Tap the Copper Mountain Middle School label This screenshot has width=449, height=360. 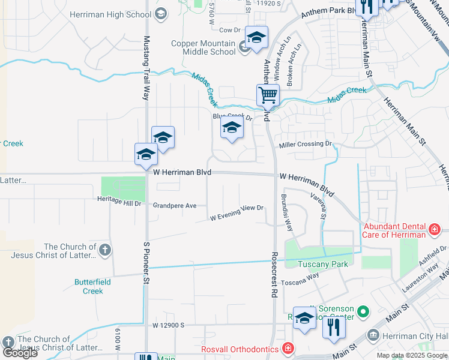click(x=203, y=47)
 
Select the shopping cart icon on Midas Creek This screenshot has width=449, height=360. click(x=268, y=94)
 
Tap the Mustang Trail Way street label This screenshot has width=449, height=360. click(x=145, y=67)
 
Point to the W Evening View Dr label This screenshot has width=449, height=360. click(x=237, y=212)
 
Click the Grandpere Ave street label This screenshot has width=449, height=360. click(x=175, y=206)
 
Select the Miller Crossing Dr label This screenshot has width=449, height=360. click(x=305, y=144)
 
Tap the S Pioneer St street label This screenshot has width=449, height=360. click(x=146, y=262)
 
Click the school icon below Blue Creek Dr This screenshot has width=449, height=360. click(x=232, y=128)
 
